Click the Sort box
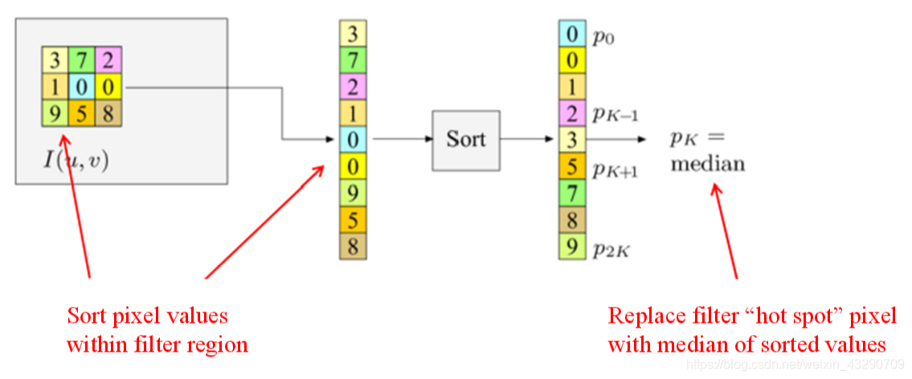[465, 140]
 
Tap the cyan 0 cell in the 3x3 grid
[81, 88]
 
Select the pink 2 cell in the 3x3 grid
[108, 60]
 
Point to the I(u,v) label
[76, 158]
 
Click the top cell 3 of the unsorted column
[353, 33]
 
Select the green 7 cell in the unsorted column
[353, 60]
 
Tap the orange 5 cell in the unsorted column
[353, 219]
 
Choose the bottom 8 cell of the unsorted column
[353, 246]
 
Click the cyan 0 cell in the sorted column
[572, 33]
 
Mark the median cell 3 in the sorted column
[572, 140]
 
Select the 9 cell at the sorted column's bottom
[572, 246]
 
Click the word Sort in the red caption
[88, 316]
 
